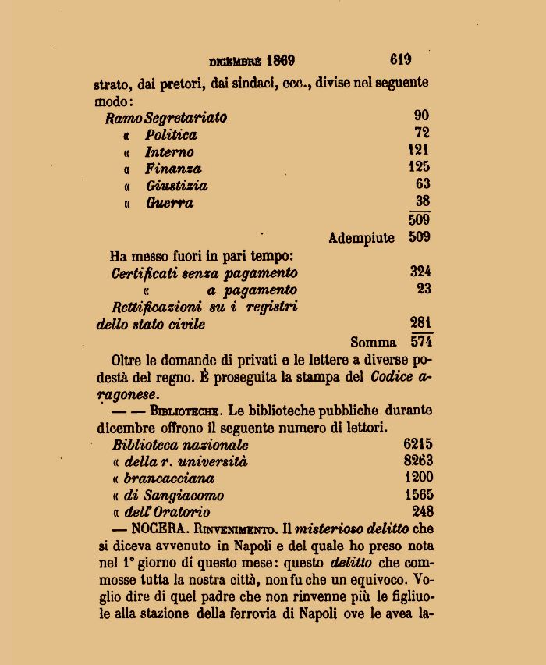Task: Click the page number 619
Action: [401, 59]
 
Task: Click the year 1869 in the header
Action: [280, 61]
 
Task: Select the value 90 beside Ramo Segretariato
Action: [421, 116]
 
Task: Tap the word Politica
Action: [171, 135]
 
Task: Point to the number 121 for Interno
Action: [418, 149]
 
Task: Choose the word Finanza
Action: [173, 169]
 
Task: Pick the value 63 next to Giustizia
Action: [422, 183]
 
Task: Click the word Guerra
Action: [169, 204]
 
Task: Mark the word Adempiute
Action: [361, 238]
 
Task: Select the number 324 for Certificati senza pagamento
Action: [420, 272]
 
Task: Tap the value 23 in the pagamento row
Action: [424, 289]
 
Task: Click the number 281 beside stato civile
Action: [420, 322]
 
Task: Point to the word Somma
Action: [374, 342]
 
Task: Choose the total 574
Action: [421, 340]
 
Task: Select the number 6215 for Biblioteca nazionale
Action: [418, 443]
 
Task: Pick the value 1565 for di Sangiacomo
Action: [418, 494]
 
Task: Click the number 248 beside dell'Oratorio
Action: [422, 511]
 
